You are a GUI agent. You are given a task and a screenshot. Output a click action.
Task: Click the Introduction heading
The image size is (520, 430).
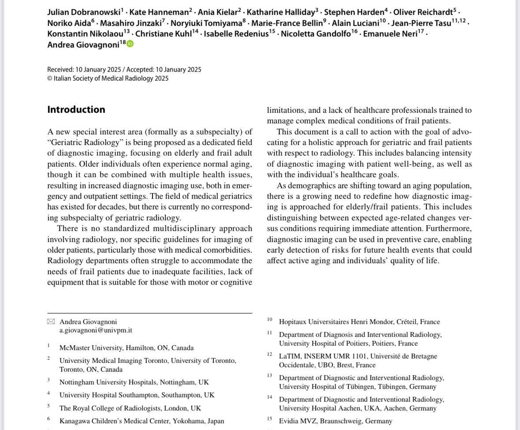click(76, 110)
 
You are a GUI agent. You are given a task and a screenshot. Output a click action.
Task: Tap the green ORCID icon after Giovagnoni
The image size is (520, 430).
click(130, 44)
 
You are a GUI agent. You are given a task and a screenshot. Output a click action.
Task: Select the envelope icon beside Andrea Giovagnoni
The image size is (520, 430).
click(51, 322)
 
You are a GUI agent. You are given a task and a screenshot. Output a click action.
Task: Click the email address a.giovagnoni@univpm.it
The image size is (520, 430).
click(96, 330)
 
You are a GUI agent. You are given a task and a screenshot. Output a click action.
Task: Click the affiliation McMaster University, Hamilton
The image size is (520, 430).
click(126, 348)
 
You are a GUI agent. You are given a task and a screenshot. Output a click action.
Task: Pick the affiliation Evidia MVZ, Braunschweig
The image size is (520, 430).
click(335, 421)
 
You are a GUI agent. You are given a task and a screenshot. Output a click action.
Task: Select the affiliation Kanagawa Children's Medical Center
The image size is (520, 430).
click(142, 421)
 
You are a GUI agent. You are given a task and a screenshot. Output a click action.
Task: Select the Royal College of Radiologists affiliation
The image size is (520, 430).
click(130, 408)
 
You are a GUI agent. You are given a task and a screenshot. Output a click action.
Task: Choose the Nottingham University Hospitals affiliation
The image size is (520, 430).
click(134, 382)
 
